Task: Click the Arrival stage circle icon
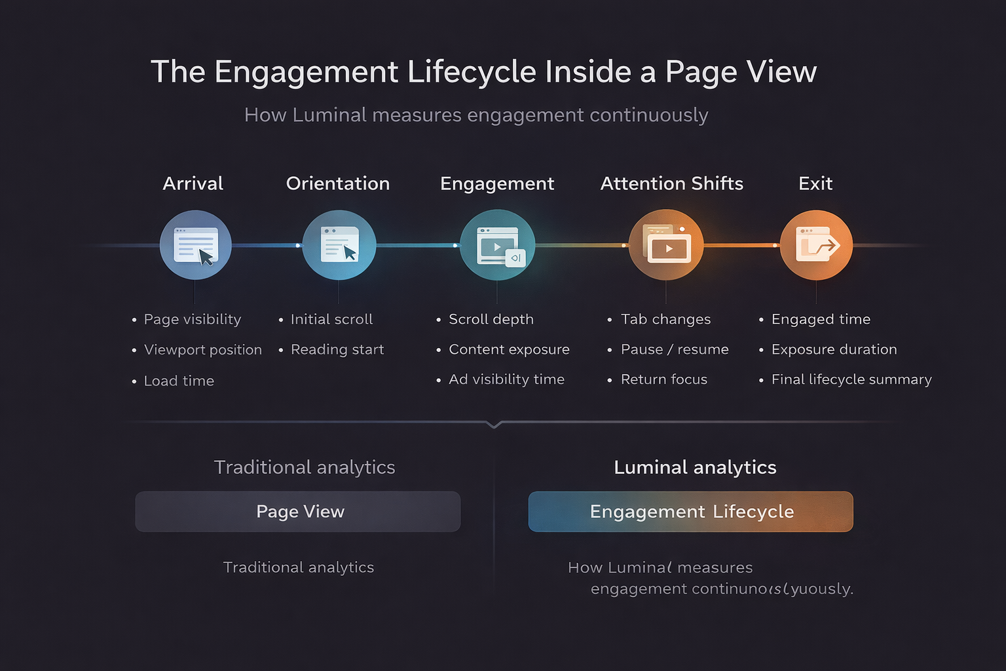tap(195, 245)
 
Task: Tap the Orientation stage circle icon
tap(339, 245)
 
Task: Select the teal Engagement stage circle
tap(497, 245)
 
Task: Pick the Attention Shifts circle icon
tap(666, 245)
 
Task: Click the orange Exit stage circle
tap(816, 245)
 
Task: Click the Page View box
tap(298, 512)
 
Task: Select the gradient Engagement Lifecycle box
tap(691, 512)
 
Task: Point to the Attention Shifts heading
tap(671, 183)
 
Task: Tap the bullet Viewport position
tap(202, 350)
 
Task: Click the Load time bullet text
tap(179, 381)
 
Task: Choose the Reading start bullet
tap(337, 350)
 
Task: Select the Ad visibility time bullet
tap(506, 379)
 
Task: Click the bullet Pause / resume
tap(674, 350)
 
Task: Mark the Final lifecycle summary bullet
tap(851, 379)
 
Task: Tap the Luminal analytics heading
tap(695, 467)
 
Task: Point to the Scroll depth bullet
tap(491, 319)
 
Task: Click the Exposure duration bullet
tap(834, 350)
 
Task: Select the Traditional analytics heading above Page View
tap(305, 467)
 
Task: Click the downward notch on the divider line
tap(494, 425)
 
